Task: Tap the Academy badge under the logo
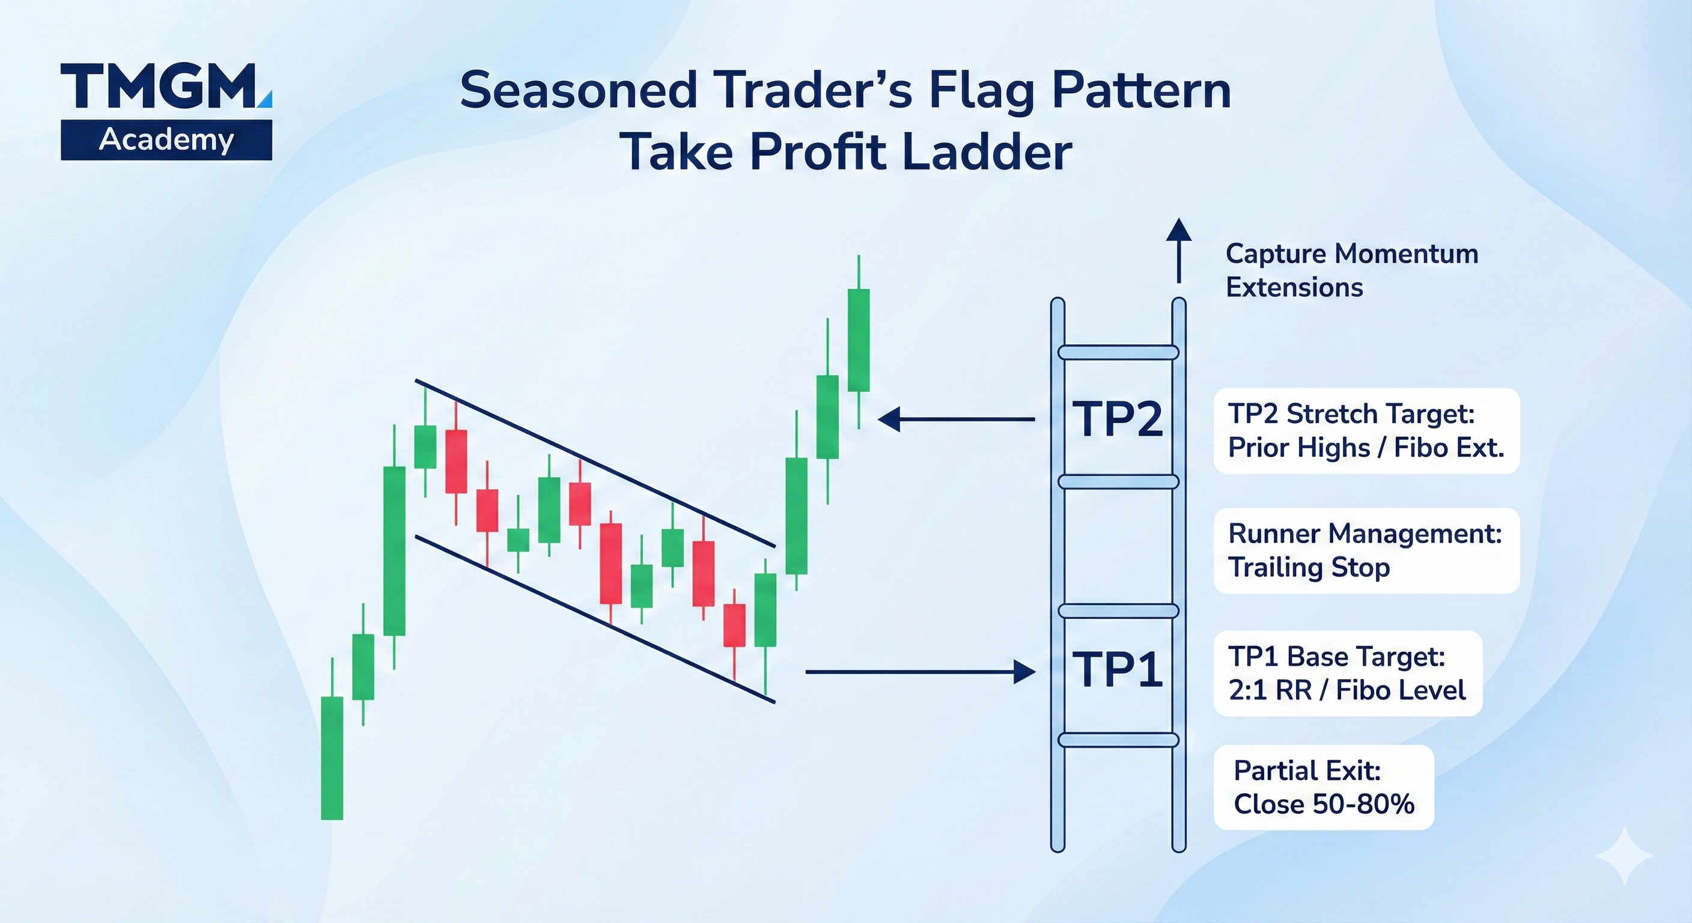166,140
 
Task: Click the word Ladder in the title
987,153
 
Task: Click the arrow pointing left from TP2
957,418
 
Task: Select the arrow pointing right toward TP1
921,671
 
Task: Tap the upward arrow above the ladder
1179,251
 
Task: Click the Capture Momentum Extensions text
1352,270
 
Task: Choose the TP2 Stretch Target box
1366,430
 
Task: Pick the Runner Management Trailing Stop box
1366,550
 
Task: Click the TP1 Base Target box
1348,674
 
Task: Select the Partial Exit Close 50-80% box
1324,787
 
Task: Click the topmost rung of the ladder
1118,353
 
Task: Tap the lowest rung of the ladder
1118,740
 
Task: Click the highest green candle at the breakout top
859,340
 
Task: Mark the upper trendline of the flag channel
595,463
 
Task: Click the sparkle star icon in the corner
1624,855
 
